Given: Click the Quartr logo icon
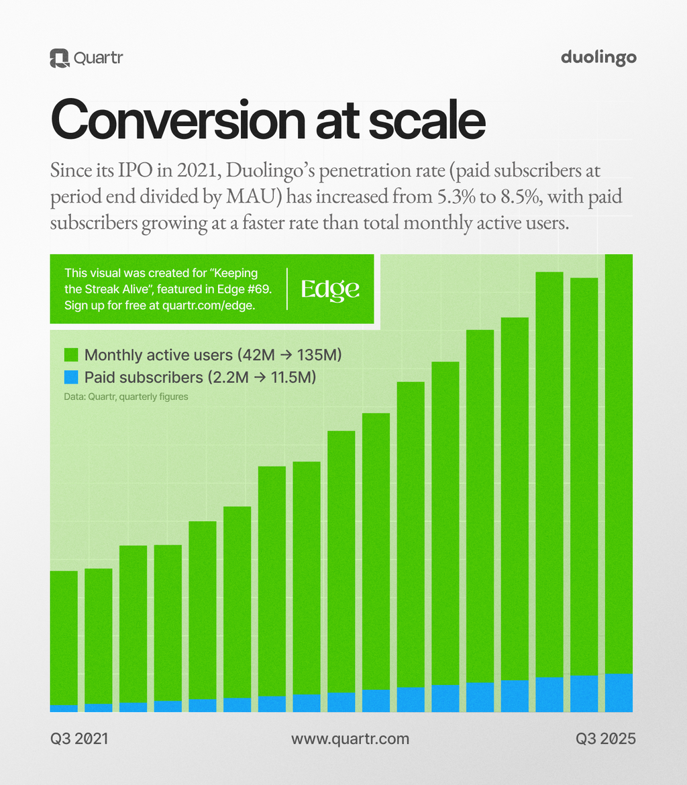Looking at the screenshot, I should tap(59, 58).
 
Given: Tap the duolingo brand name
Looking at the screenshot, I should tap(598, 58).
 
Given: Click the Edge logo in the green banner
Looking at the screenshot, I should tap(330, 289).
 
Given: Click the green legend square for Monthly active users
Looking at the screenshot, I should tap(71, 355).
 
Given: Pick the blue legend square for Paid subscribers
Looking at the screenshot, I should tap(71, 377).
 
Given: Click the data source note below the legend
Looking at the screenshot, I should tap(126, 397).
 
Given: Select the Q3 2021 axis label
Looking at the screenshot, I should tap(79, 739).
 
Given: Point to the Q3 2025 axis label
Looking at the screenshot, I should tap(606, 739).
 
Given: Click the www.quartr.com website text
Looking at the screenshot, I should tap(350, 739).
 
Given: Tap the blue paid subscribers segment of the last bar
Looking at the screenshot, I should tap(619, 692).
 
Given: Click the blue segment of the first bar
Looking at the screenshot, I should tap(64, 709).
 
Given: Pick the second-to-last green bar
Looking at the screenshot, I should tap(584, 476).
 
